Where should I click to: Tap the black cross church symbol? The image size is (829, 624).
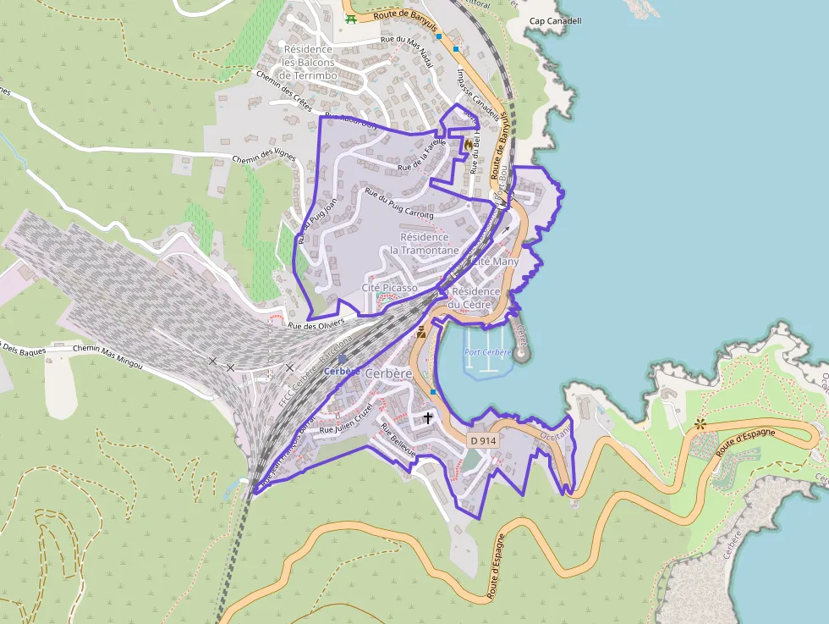tap(427, 417)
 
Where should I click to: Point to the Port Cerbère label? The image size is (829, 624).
tap(488, 352)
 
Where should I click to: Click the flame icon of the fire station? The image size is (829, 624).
tap(468, 145)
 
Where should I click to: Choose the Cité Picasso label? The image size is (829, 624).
tap(389, 288)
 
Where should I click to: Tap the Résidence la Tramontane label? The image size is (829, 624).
tap(425, 244)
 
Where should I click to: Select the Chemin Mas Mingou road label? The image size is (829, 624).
tap(107, 356)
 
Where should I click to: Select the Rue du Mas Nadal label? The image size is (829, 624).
tap(407, 51)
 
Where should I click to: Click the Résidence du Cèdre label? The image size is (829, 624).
tap(475, 298)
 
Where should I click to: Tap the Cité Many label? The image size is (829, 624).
tap(496, 262)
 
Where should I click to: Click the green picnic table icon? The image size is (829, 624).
tap(350, 18)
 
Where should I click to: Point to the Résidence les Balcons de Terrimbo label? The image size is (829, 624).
tap(309, 63)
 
